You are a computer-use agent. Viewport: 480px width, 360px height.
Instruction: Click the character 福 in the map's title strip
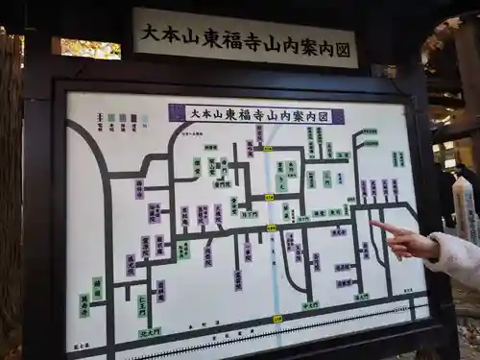click(242, 114)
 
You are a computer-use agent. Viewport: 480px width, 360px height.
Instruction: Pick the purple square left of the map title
click(177, 112)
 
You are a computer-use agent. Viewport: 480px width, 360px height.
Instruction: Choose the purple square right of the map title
click(339, 116)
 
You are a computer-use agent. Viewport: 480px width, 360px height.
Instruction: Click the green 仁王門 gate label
click(142, 304)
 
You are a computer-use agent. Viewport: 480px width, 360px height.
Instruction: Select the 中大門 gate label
click(310, 306)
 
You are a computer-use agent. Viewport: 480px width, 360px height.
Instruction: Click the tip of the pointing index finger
click(372, 224)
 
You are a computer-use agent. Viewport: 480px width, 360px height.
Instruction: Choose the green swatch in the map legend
click(111, 119)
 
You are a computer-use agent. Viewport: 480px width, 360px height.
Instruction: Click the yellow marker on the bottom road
click(277, 319)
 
